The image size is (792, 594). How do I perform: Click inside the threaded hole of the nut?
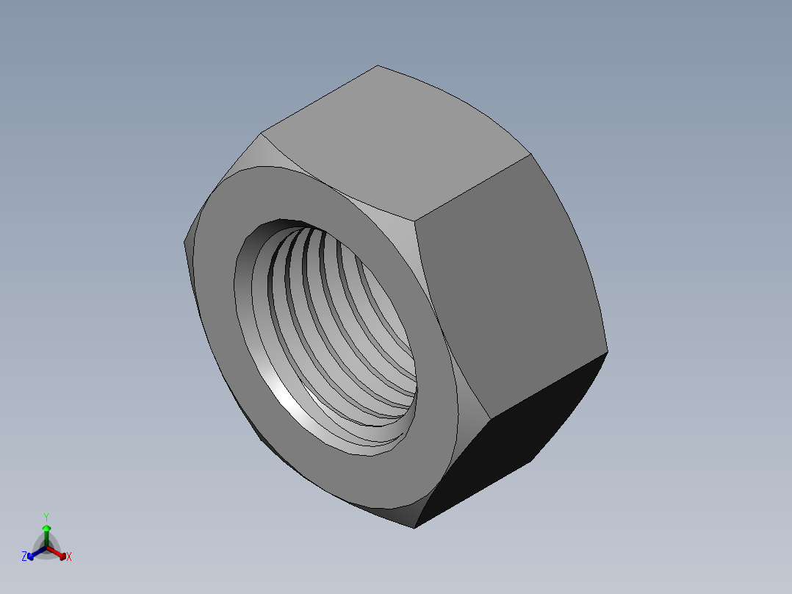coord(331,323)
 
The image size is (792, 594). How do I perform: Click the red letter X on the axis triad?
coord(69,557)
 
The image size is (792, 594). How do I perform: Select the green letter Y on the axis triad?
coord(46,517)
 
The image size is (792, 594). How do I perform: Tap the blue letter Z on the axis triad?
coord(24,557)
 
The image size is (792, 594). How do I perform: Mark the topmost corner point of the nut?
coord(378,65)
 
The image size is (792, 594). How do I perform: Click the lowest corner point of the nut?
coord(414,528)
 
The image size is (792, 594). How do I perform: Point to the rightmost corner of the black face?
coord(608,351)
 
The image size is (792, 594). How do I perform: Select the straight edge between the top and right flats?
coord(474,187)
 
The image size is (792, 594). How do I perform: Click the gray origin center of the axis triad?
coord(46,548)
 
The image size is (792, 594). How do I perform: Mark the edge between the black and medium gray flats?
coord(547,386)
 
